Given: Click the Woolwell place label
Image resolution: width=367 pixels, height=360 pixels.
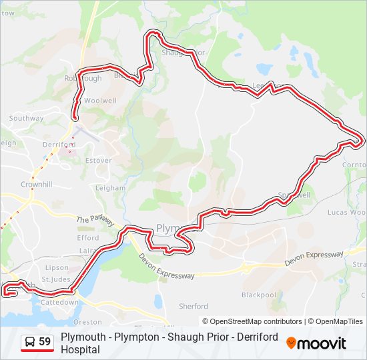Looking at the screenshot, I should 100,101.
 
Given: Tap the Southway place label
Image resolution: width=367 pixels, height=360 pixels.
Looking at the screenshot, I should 26,119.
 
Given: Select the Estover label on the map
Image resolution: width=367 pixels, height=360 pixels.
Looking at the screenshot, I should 99,161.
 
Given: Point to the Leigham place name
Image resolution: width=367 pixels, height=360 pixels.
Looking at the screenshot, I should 110,188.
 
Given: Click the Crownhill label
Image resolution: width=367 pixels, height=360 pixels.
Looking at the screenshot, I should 36,184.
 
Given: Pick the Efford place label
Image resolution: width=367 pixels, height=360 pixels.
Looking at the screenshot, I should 88,238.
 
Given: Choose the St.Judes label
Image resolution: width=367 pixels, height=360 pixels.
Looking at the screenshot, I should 56,279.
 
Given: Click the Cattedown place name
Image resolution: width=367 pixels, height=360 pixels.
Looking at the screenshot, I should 60,302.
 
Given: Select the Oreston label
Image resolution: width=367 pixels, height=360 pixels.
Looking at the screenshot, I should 91,321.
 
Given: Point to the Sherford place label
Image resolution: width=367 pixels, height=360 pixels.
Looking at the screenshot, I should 194,307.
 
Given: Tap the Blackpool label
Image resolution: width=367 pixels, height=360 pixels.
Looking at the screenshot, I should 258,295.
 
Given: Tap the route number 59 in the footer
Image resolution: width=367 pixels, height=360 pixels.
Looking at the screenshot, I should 45,342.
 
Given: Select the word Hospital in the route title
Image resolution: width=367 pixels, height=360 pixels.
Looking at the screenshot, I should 80,349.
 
